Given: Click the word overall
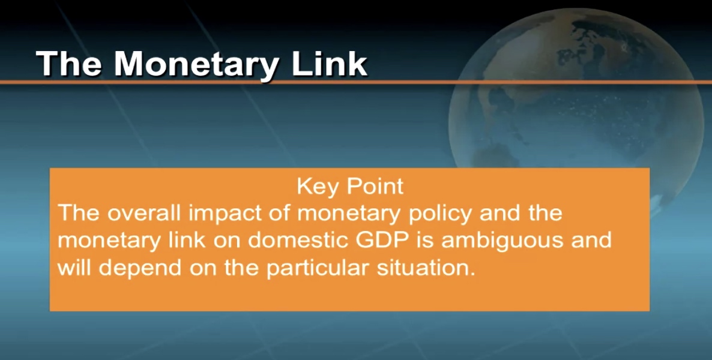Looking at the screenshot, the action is pos(146,213).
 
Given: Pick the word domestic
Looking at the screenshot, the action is pos(299,240).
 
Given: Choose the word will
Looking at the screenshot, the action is pos(74,268).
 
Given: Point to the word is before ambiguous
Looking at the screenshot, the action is pos(426,241).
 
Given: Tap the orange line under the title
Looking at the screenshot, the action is pos(356,82).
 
